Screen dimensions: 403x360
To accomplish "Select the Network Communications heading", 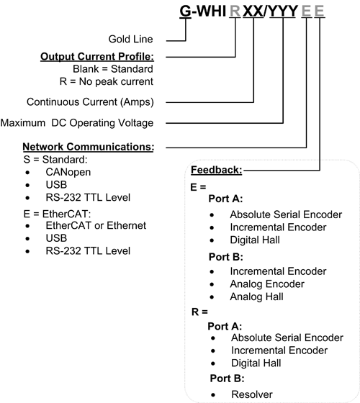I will pos(89,147).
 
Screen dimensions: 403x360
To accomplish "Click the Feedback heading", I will pos(216,170).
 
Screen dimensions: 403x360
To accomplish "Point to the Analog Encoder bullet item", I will pos(267,284).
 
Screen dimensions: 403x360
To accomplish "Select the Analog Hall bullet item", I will pos(258,296).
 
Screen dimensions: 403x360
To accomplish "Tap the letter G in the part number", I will pos(186,11).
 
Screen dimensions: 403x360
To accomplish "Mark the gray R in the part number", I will pos(235,11).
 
